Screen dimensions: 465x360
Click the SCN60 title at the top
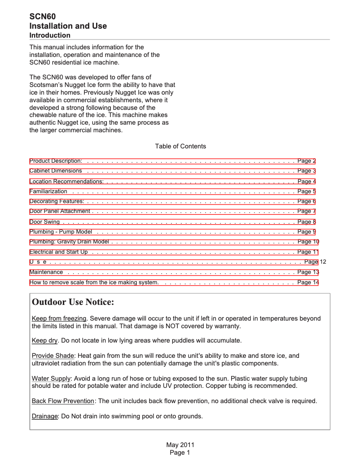[x=43, y=17]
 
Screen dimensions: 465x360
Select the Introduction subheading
[x=50, y=35]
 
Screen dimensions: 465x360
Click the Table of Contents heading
[x=180, y=146]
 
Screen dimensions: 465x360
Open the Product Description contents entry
[x=56, y=161]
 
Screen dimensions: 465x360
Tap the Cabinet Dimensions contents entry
[x=56, y=171]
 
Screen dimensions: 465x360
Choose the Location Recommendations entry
[x=66, y=182]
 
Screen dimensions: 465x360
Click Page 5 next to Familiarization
[x=307, y=191]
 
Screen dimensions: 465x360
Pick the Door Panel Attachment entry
[x=60, y=211]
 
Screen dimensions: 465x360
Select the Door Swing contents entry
[x=44, y=222]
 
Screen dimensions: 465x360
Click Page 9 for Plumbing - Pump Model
[x=307, y=232]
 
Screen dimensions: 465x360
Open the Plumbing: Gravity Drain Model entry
[x=70, y=242]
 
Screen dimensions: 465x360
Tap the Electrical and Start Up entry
[x=59, y=252]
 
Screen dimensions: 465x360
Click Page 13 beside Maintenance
[x=308, y=272]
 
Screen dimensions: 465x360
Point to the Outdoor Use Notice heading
[x=73, y=302]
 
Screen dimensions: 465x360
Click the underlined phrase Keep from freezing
[x=59, y=319]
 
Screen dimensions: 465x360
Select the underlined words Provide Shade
[x=53, y=356]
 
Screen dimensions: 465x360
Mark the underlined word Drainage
[x=45, y=416]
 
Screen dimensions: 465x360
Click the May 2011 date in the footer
[x=180, y=445]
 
